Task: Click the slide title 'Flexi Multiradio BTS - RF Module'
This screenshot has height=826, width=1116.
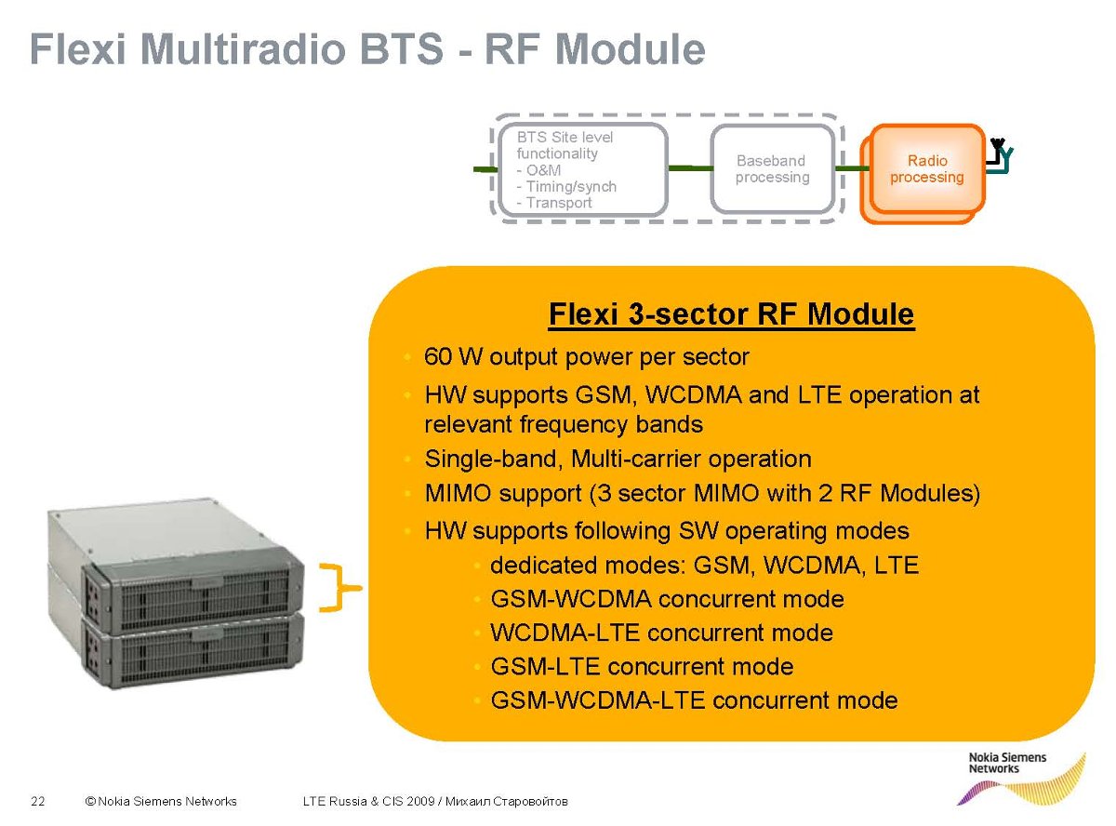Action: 367,48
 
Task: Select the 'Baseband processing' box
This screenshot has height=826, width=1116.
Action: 772,169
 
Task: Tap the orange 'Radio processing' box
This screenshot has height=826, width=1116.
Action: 926,169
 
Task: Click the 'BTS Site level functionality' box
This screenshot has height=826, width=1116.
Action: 579,169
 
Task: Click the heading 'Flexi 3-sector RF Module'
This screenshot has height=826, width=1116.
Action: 731,314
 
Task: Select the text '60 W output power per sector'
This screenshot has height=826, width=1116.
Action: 586,356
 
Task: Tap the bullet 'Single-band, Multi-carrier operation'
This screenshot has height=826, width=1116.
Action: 618,459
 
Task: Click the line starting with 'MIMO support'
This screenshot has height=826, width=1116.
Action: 702,493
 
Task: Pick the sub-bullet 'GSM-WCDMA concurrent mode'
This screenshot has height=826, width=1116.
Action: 667,599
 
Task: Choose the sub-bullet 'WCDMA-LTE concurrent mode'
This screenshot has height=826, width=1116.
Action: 661,633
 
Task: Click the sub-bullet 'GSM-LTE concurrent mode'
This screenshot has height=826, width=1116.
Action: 642,667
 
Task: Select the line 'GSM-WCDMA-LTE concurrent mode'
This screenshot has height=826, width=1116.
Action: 694,700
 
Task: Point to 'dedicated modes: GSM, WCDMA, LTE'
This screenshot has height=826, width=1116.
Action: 704,565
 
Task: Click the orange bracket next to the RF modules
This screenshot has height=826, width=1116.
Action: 339,587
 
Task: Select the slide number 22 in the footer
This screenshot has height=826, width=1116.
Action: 38,801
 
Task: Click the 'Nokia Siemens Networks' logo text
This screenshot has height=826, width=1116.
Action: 1006,763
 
